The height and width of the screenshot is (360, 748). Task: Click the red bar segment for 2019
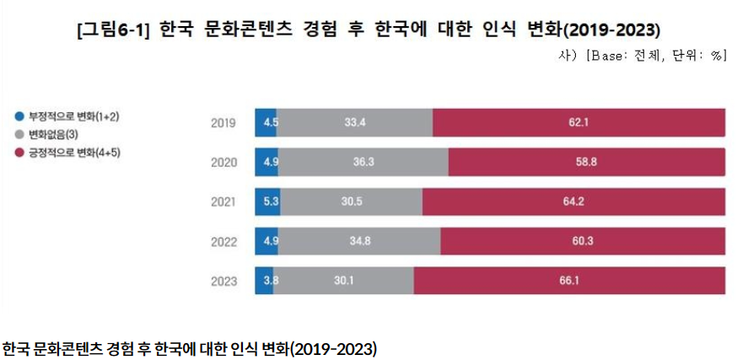pos(578,122)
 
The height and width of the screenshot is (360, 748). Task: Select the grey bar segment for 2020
pos(363,162)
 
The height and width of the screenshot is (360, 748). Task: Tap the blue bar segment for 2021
pos(265,201)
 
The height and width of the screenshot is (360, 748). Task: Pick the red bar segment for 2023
pos(569,281)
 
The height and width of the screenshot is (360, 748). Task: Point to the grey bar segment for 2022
pos(358,241)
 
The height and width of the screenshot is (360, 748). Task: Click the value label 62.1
pos(578,122)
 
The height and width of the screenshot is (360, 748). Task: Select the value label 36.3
pos(363,162)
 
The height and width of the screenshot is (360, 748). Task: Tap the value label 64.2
pos(573,201)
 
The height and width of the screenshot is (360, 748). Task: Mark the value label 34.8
pos(358,241)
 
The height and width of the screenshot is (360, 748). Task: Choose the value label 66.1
pos(569,281)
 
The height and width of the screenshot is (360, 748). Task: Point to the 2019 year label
pos(223,123)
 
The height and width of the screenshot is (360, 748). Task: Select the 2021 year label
pos(223,202)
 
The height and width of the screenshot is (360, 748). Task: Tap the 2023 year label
pos(223,282)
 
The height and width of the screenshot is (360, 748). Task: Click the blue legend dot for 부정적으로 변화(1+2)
pos(19,116)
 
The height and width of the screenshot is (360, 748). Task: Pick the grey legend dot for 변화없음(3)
pos(19,134)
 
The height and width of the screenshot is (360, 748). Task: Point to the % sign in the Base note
pos(718,56)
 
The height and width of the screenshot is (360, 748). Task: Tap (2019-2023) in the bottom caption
pos(332,348)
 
